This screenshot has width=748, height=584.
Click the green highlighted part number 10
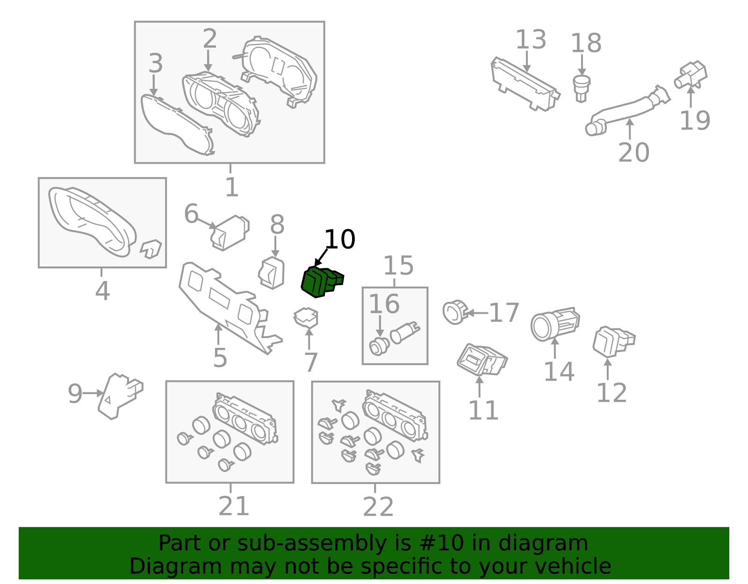tap(321, 282)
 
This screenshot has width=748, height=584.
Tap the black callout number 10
tap(340, 239)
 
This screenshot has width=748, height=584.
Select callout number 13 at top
tap(531, 40)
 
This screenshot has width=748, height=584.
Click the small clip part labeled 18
tap(582, 89)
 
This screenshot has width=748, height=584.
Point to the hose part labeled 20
tap(626, 110)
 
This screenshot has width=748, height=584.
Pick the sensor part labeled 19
tap(690, 75)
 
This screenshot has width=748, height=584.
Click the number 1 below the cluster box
tap(232, 187)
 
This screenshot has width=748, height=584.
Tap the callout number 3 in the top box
tap(156, 63)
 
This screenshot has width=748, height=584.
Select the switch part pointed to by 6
tap(230, 233)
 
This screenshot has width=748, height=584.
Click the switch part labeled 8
tap(272, 273)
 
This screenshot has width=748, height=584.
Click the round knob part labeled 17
tap(455, 312)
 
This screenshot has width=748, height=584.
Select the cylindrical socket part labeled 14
tap(554, 324)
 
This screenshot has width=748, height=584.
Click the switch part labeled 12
tap(613, 341)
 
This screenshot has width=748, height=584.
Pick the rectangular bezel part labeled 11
tap(482, 360)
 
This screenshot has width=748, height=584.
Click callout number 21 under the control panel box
tap(234, 506)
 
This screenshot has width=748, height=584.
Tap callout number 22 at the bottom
tap(378, 506)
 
